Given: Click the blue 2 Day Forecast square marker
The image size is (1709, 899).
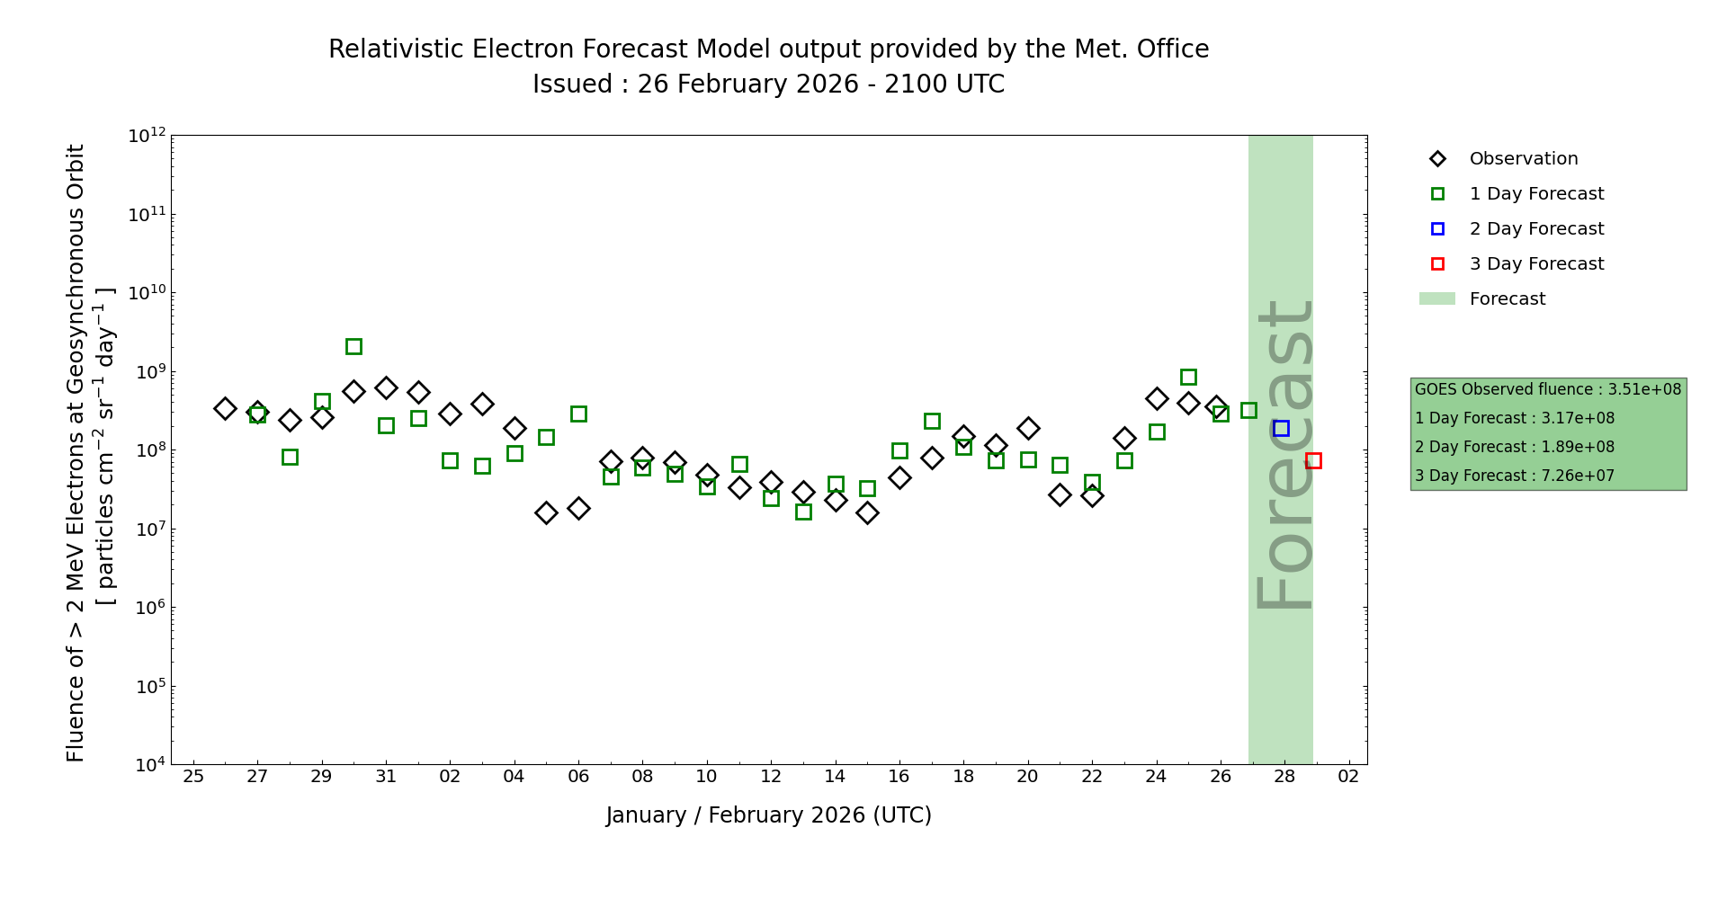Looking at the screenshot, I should pyautogui.click(x=1281, y=429).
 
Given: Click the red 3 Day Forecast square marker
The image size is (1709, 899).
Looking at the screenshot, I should pyautogui.click(x=1313, y=460).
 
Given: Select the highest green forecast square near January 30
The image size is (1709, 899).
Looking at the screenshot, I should pyautogui.click(x=353, y=346).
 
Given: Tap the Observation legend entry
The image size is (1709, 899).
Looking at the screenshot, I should pyautogui.click(x=1523, y=159).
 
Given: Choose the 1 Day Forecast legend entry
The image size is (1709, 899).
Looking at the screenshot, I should pyautogui.click(x=1535, y=194).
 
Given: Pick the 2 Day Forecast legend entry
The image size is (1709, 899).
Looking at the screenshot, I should pyautogui.click(x=1535, y=229).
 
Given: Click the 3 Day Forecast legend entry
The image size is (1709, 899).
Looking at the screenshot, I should pyautogui.click(x=1535, y=264).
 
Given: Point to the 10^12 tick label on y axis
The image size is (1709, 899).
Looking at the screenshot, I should pyautogui.click(x=147, y=136).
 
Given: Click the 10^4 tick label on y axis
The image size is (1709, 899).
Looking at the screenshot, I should pyautogui.click(x=148, y=765).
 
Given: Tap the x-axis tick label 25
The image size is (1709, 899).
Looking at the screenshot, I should pyautogui.click(x=193, y=777).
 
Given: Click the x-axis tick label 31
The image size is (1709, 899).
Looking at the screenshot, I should pyautogui.click(x=386, y=777).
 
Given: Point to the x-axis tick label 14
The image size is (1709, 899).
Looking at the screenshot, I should pyautogui.click(x=835, y=777).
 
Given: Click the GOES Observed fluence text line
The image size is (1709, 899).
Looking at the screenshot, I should pyautogui.click(x=1547, y=389).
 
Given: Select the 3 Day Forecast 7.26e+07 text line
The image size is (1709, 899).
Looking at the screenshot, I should pyautogui.click(x=1514, y=476).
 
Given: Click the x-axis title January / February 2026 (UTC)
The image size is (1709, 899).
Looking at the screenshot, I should pyautogui.click(x=768, y=815).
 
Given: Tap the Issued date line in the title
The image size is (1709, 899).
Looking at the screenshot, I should pyautogui.click(x=768, y=85).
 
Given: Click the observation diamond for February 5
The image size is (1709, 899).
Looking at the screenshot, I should pyautogui.click(x=546, y=512).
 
